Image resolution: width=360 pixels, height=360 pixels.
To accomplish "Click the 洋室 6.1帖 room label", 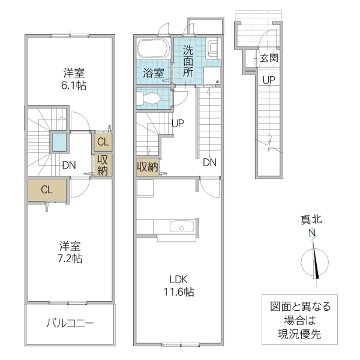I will [x=74, y=79].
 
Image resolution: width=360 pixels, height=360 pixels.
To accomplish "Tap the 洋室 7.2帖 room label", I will [x=70, y=252].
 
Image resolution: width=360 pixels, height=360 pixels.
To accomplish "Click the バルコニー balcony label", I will [x=70, y=324].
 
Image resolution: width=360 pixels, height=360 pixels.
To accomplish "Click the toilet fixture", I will [x=149, y=98].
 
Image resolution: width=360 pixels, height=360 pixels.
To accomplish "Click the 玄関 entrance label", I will [x=269, y=59].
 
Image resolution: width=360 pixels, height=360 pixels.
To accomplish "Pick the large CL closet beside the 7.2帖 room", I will [x=47, y=190].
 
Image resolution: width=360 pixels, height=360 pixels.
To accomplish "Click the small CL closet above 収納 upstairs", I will [x=103, y=142].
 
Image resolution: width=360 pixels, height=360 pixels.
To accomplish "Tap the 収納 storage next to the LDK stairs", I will [x=147, y=167].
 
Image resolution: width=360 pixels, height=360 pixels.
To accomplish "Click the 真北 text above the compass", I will [x=313, y=220].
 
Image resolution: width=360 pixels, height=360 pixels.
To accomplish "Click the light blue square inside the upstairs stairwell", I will [x=59, y=143].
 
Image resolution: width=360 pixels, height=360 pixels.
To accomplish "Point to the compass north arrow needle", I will [x=316, y=261].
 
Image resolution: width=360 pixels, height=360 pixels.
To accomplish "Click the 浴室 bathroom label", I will [x=152, y=73].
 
